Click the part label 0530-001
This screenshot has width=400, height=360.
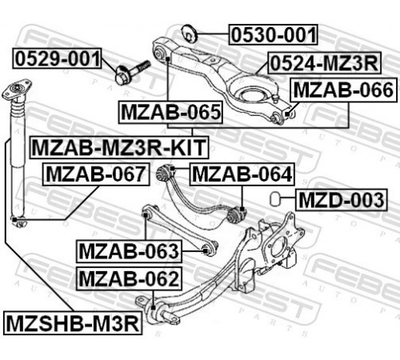[274, 34]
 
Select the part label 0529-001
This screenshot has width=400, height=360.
[58, 58]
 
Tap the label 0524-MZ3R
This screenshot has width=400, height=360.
[324, 63]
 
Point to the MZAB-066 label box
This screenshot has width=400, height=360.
[344, 90]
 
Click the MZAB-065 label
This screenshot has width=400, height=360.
[171, 112]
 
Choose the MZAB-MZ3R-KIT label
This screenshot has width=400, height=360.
[119, 147]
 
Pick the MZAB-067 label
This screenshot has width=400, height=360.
[96, 174]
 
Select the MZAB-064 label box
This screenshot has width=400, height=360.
[242, 174]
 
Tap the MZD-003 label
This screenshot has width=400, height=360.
[342, 200]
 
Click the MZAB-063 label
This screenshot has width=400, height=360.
[129, 251]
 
